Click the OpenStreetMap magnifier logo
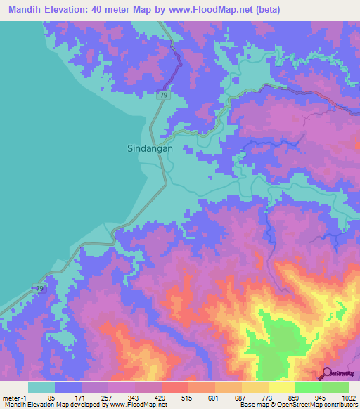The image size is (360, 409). (328, 374)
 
